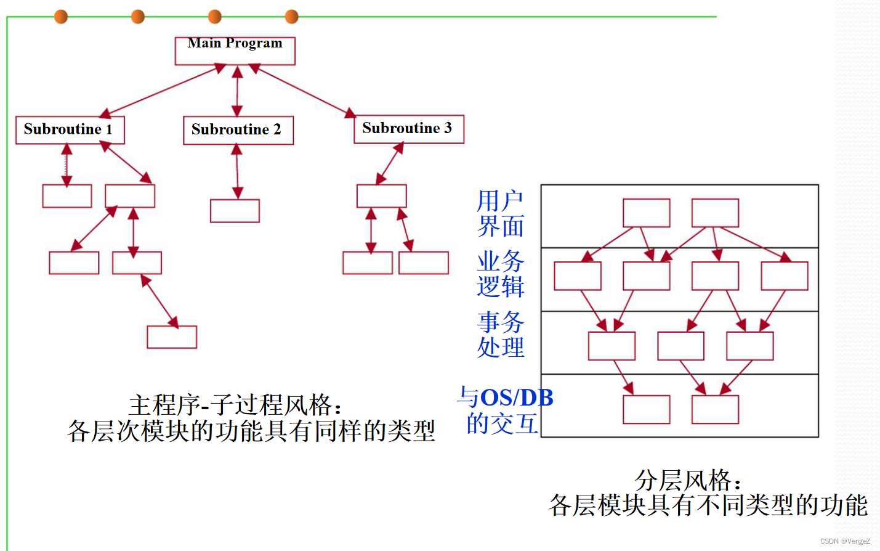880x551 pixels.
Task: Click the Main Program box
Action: pos(235,51)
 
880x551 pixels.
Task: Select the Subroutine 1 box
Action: pos(70,130)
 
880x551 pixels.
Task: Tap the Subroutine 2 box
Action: pos(238,131)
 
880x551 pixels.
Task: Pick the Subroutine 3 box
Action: pos(408,129)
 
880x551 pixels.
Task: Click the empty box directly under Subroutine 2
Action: pos(235,211)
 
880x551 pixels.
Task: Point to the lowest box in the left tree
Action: pos(172,337)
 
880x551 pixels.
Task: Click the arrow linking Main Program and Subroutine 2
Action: pos(237,91)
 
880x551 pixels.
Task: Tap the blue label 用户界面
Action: pos(500,213)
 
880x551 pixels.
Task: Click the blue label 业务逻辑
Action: pos(500,274)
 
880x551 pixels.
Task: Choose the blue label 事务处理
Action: pos(500,334)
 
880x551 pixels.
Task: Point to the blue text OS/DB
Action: pos(516,398)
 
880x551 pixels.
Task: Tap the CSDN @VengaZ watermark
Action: pos(844,541)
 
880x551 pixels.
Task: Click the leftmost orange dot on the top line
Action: pos(61,17)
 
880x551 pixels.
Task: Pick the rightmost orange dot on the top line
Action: pos(292,17)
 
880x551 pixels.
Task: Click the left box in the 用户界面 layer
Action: pos(646,213)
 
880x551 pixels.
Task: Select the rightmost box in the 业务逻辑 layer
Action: pos(784,275)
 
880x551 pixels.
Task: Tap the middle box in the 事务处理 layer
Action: pos(680,346)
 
